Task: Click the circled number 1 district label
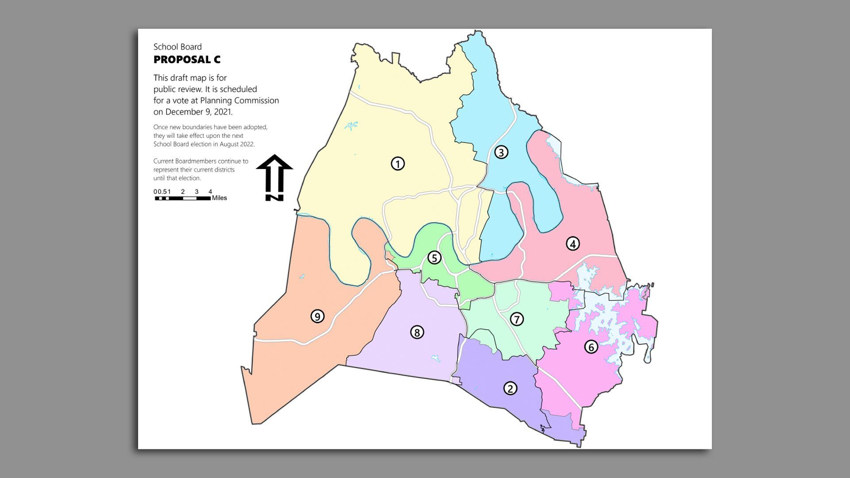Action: click(x=398, y=164)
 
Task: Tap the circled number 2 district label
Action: click(x=510, y=389)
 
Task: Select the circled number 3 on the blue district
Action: click(x=501, y=152)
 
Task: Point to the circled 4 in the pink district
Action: click(x=572, y=243)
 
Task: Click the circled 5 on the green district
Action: click(x=434, y=258)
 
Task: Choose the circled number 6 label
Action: click(x=591, y=347)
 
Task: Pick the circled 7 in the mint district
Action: click(x=517, y=319)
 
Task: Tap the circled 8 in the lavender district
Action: click(x=417, y=332)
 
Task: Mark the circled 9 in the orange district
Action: click(x=317, y=316)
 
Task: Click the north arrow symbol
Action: click(x=274, y=177)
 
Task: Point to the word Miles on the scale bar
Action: click(x=219, y=198)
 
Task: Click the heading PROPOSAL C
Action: click(x=187, y=60)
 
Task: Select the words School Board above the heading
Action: click(x=178, y=47)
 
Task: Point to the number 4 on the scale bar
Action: click(x=210, y=192)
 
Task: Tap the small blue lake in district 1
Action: click(x=351, y=126)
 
